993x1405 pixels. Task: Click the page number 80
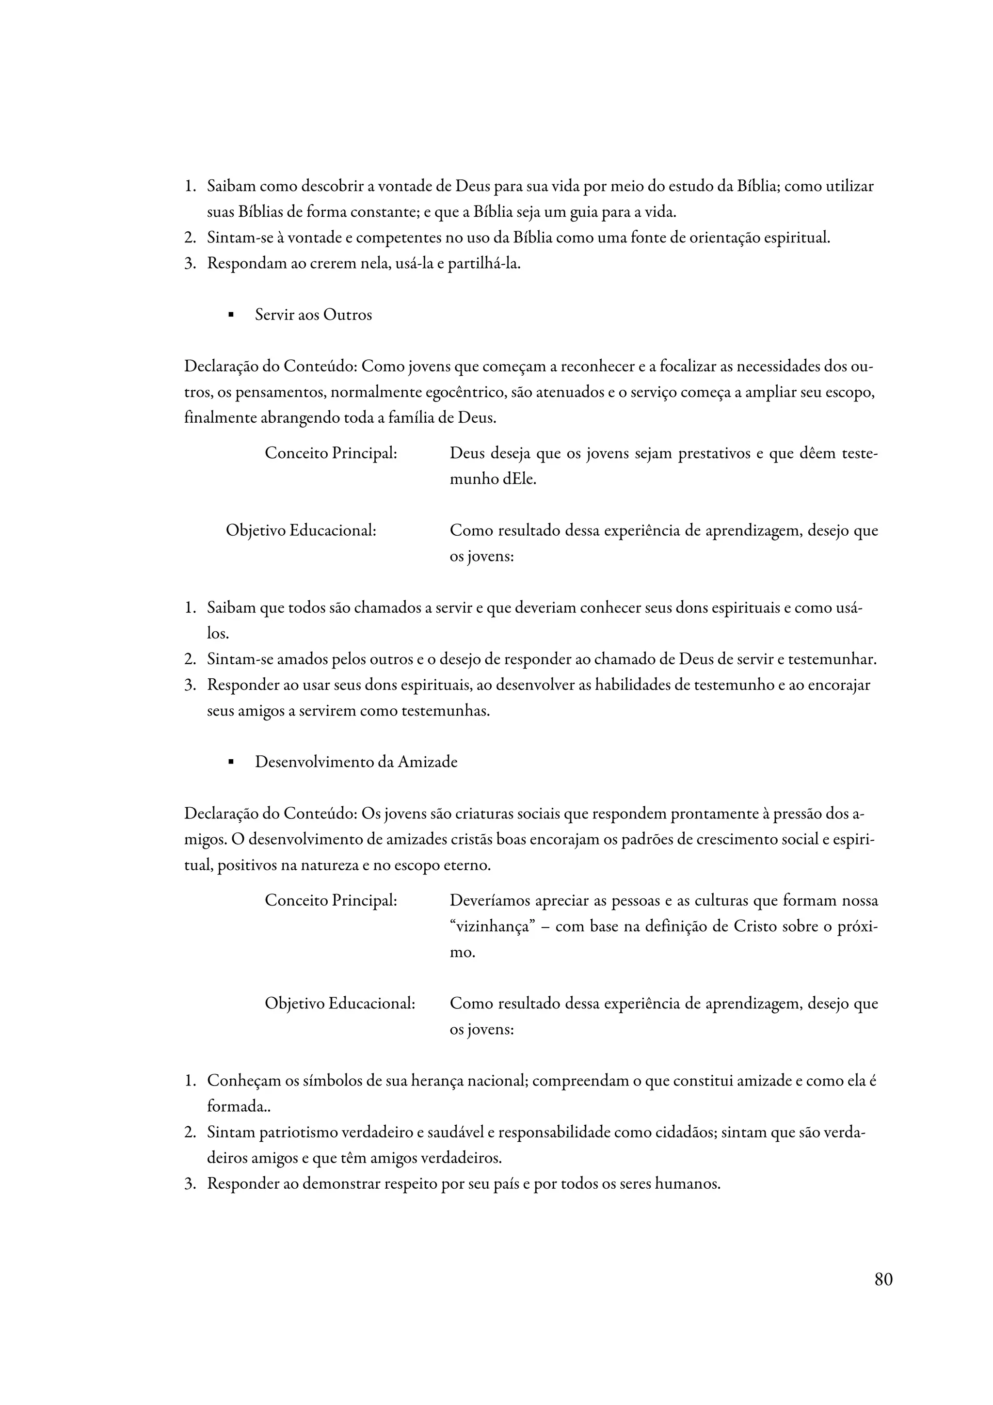pos(883,1279)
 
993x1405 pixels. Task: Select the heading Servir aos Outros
pos(313,315)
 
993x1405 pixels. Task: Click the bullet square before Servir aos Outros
pos(231,316)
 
